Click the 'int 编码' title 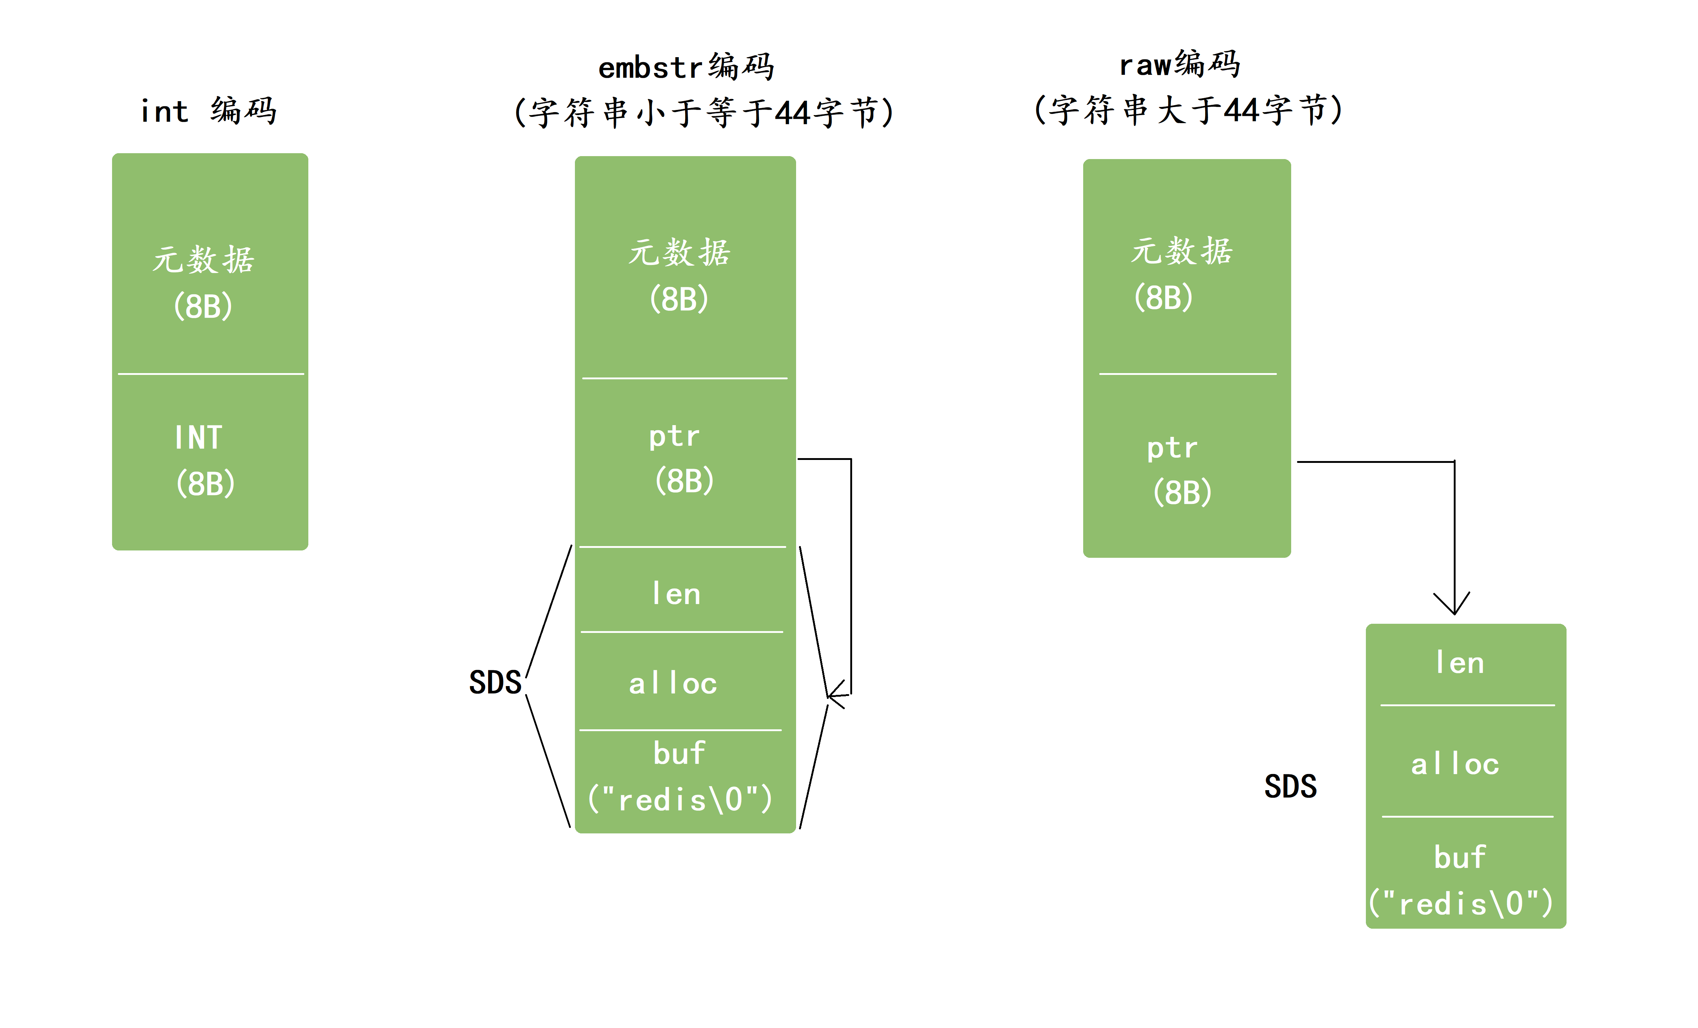coord(208,111)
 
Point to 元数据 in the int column coord(203,260)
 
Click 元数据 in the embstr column coord(680,253)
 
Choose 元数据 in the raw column coord(1181,251)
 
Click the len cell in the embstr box coord(676,594)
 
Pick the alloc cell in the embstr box coord(673,683)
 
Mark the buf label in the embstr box coord(680,753)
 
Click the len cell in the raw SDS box coord(1460,663)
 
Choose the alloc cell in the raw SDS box coord(1455,764)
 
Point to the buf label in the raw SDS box coord(1460,857)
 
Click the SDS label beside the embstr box coord(495,682)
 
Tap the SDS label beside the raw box coord(1290,786)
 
